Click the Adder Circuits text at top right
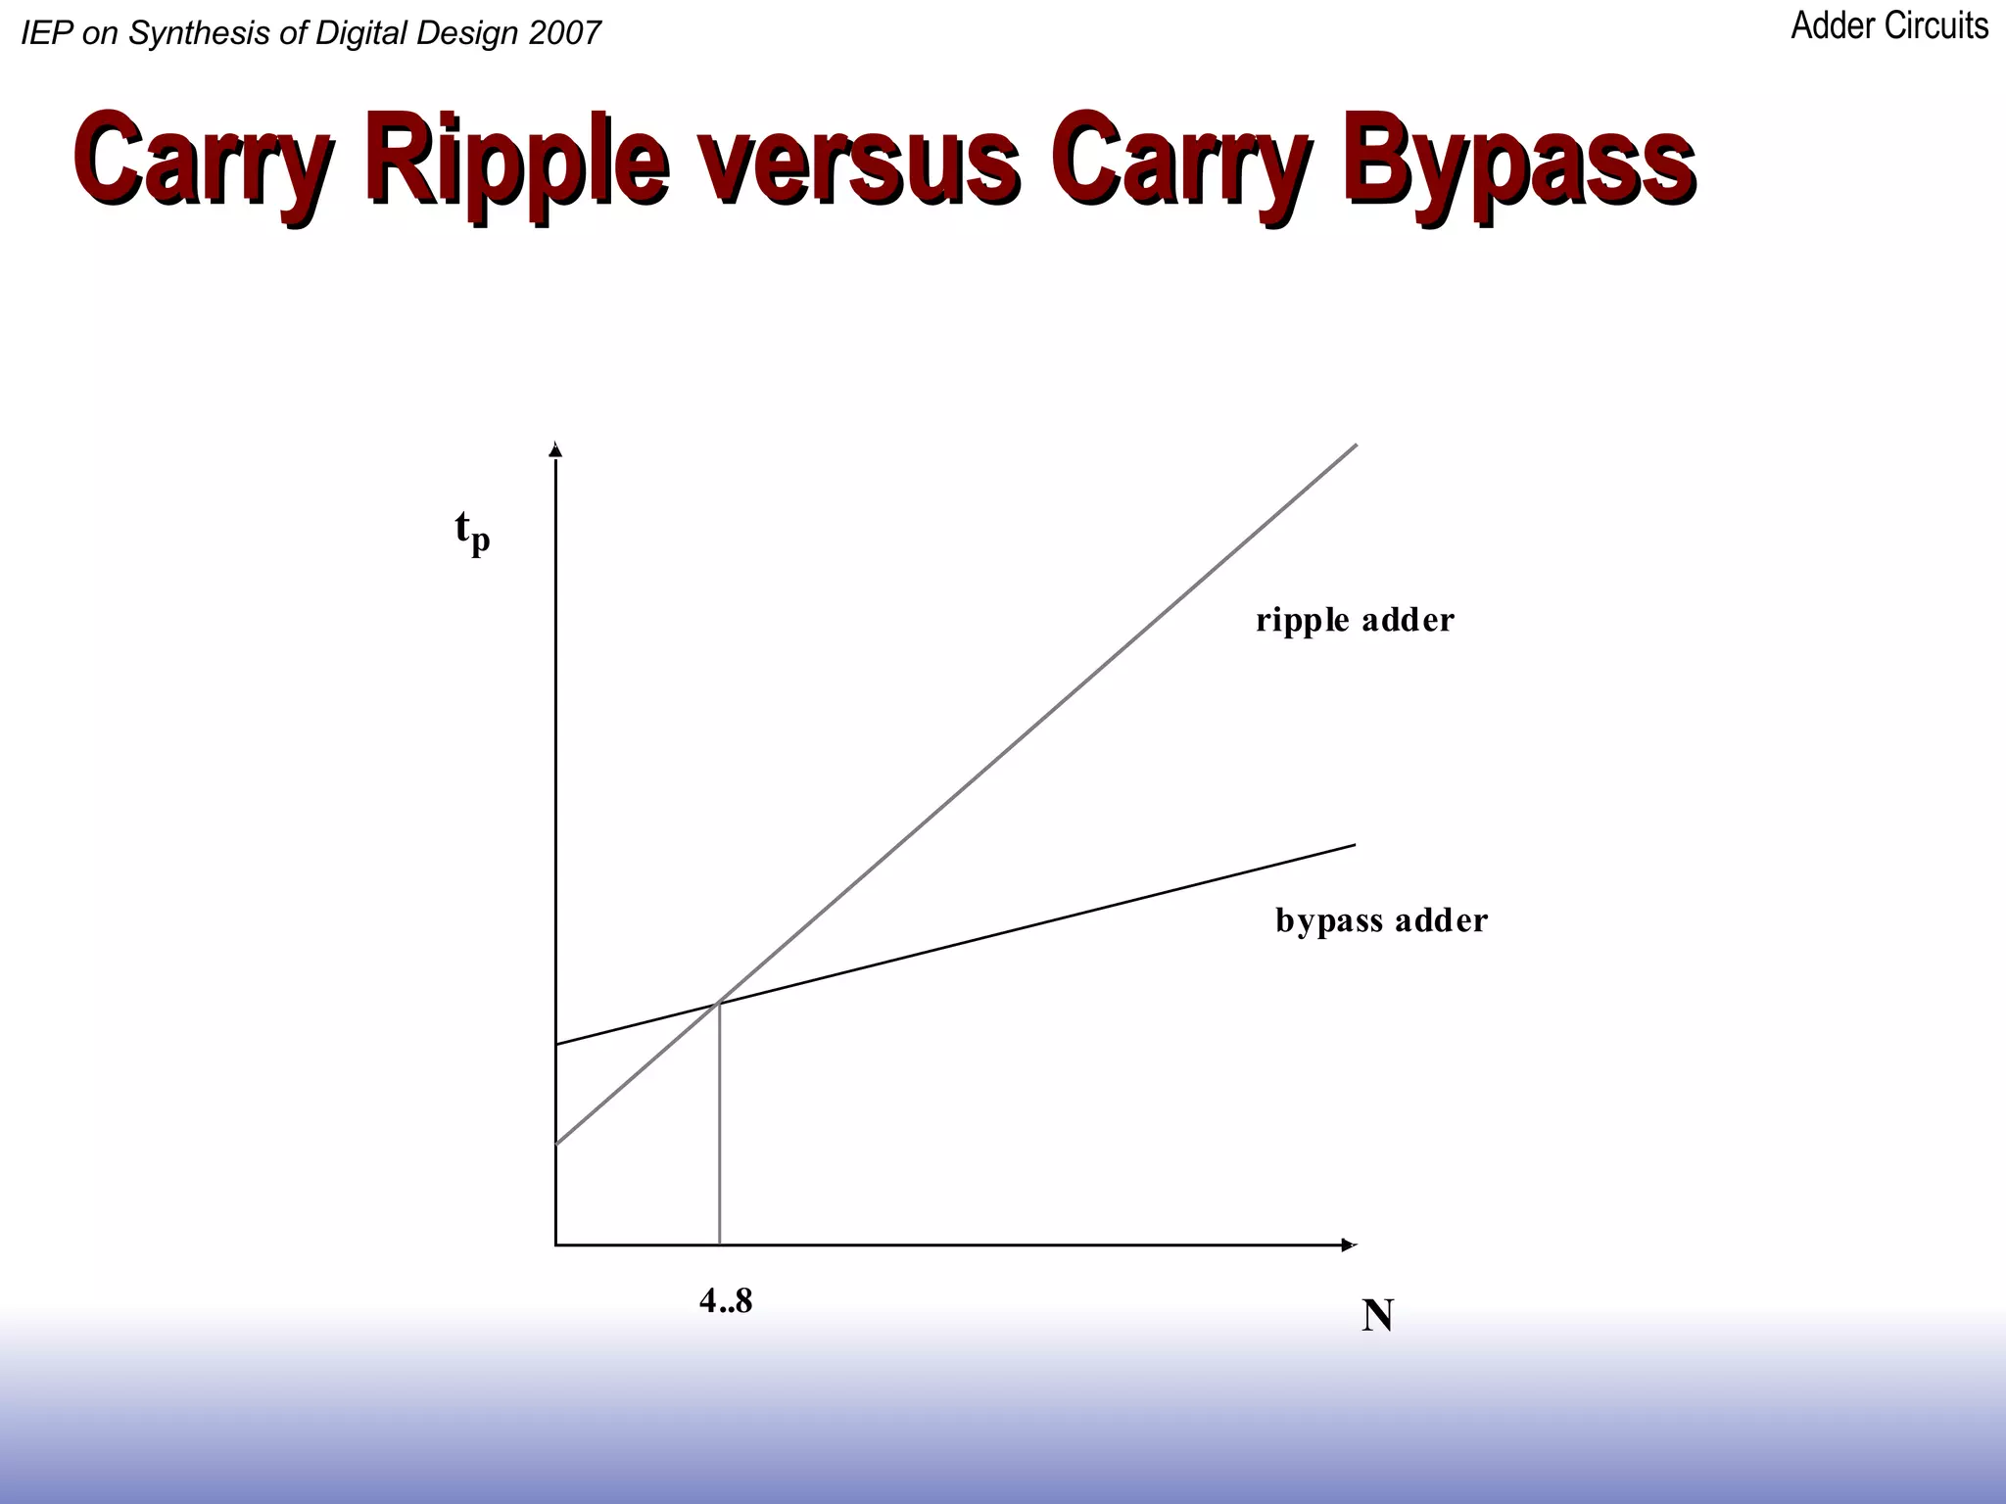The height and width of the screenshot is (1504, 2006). (x=1888, y=26)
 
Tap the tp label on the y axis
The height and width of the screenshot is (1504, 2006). (x=472, y=532)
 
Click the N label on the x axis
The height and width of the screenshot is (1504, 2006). (x=1377, y=1316)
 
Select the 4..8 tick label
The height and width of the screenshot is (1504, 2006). (x=726, y=1301)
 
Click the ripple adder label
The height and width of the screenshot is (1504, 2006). (x=1355, y=620)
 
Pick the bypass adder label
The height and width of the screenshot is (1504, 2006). (x=1381, y=920)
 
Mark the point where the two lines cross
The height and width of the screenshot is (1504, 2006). (x=720, y=1002)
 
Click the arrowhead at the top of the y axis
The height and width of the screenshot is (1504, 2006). (x=555, y=449)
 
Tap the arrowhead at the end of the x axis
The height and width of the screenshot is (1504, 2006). (x=1349, y=1245)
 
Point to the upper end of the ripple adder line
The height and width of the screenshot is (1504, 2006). (x=1356, y=446)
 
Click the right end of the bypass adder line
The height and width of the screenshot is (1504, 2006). (x=1354, y=845)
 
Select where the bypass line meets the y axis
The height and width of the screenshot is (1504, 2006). (x=556, y=1045)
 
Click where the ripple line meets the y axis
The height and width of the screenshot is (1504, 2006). (x=556, y=1143)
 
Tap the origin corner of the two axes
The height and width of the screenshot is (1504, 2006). (x=556, y=1245)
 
